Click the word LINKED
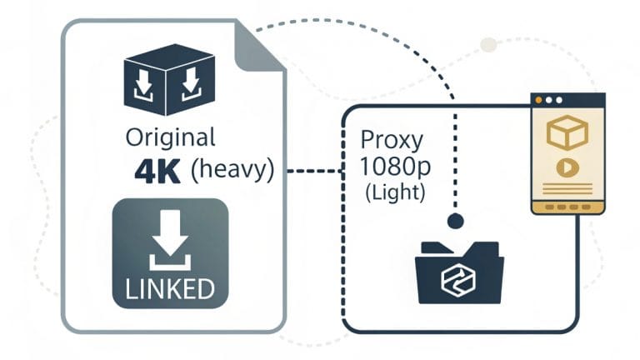(x=168, y=289)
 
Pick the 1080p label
(x=395, y=167)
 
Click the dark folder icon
(x=458, y=271)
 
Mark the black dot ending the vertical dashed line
(x=455, y=222)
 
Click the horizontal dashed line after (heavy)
(x=314, y=171)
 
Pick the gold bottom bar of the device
(x=567, y=205)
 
